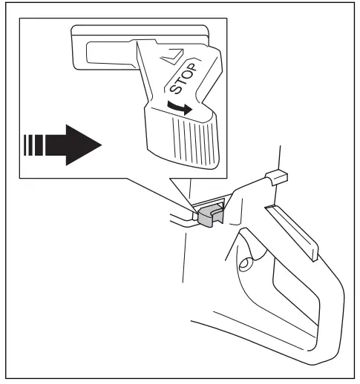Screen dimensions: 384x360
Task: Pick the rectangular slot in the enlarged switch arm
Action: point(107,53)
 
